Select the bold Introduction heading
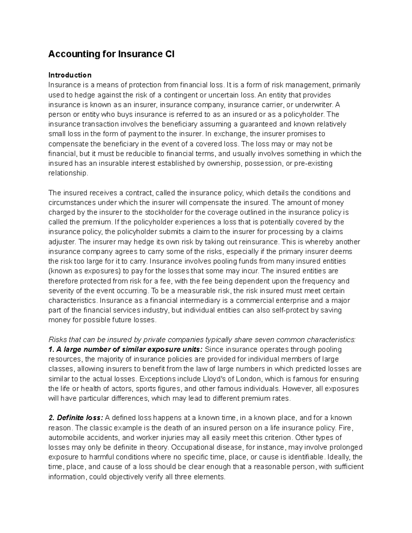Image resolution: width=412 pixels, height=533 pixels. [x=70, y=75]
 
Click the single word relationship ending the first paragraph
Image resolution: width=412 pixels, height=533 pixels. [x=68, y=173]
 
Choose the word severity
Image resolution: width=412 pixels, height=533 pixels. [x=60, y=291]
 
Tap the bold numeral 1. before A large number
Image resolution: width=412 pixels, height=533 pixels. [x=51, y=350]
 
